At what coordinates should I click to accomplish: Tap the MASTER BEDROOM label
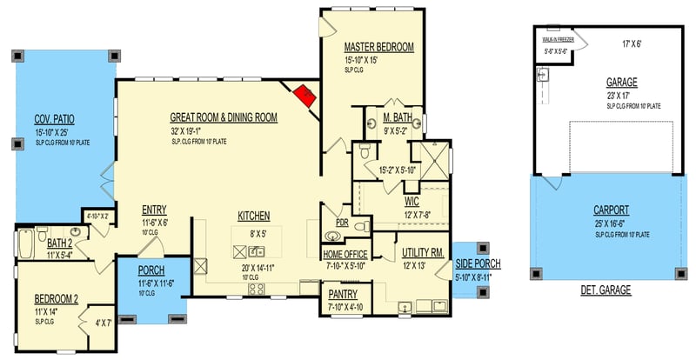pyautogui.click(x=378, y=47)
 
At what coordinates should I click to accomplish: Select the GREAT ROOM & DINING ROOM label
pyautogui.click(x=224, y=117)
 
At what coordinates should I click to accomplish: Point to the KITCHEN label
pyautogui.click(x=253, y=215)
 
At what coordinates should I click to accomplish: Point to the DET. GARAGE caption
pyautogui.click(x=606, y=290)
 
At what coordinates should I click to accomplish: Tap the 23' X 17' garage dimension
pyautogui.click(x=622, y=96)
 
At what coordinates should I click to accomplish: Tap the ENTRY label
pyautogui.click(x=154, y=209)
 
